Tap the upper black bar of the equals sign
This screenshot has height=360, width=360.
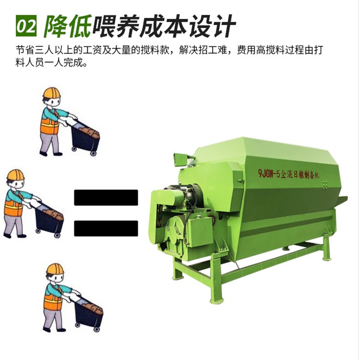[x=106, y=197]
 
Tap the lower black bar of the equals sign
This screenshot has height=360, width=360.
[x=106, y=228]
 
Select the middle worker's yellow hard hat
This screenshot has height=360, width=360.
[x=15, y=175]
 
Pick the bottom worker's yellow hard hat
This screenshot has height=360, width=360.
[x=55, y=269]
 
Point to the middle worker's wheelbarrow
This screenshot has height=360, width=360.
[x=50, y=219]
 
